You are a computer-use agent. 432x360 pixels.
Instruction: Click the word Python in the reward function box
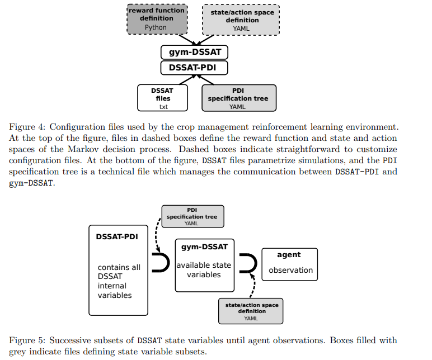(x=156, y=27)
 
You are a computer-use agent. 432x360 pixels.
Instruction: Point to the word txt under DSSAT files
(x=163, y=107)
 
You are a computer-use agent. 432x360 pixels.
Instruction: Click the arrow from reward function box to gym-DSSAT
(x=187, y=39)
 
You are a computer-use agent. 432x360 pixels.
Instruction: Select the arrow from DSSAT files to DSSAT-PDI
(x=187, y=79)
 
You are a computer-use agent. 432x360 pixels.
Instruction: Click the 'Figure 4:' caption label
(x=27, y=127)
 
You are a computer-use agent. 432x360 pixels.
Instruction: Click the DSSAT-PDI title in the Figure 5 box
(x=117, y=236)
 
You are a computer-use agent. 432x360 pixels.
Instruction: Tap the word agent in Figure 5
(x=289, y=255)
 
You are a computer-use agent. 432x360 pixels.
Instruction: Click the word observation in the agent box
(x=290, y=270)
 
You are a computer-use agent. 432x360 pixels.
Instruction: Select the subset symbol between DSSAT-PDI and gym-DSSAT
(x=168, y=263)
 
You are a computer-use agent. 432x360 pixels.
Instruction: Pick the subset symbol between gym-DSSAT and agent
(x=256, y=263)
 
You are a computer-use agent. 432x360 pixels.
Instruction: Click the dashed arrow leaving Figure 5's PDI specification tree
(x=157, y=234)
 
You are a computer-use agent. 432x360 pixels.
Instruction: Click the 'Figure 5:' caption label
(x=27, y=340)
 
